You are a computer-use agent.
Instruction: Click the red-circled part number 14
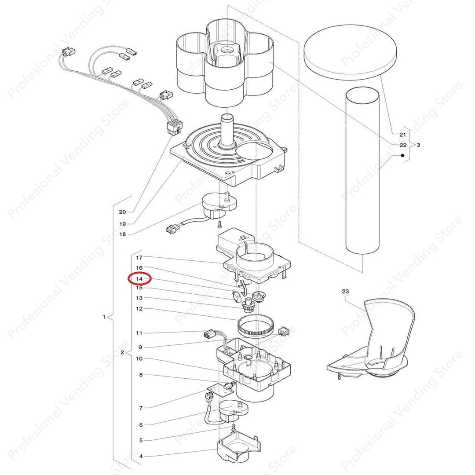coord(139,278)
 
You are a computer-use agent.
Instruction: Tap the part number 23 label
coord(345,292)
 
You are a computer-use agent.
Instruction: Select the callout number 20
coord(122,212)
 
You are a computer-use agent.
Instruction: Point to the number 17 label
coord(139,258)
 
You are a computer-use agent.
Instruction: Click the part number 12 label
coord(139,309)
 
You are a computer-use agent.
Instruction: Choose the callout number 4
coord(141,456)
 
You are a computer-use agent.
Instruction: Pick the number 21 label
coord(402,135)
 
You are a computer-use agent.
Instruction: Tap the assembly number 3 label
coord(418,145)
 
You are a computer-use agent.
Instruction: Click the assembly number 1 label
coord(104,317)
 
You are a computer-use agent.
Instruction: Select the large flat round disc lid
coord(350,52)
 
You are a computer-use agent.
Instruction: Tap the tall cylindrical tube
coord(362,171)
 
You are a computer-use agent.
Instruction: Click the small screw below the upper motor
coord(219,224)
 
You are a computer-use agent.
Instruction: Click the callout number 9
coord(140,347)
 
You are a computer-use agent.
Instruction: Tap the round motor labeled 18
coord(219,206)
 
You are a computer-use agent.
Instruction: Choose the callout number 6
coord(141,425)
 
